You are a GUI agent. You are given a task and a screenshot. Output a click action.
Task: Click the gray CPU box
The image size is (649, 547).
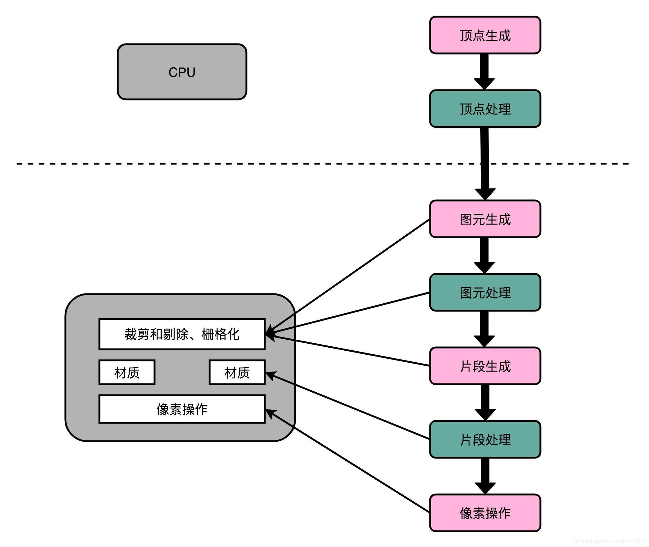point(182,72)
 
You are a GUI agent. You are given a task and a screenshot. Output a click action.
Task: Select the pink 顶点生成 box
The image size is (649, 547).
point(485,35)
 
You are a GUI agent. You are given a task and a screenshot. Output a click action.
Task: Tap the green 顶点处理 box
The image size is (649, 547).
point(485,108)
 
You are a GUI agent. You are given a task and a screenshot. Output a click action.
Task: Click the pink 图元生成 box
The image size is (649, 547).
point(485,219)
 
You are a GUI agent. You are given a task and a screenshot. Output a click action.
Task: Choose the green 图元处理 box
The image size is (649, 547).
point(485,292)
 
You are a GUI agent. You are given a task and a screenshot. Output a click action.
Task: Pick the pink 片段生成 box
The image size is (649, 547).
point(485,366)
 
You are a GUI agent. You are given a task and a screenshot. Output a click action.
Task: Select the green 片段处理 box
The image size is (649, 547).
point(485,439)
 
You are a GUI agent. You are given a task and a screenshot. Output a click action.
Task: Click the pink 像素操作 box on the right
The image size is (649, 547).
point(485,513)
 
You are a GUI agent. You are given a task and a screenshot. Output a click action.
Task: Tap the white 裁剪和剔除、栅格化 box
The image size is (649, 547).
point(182,334)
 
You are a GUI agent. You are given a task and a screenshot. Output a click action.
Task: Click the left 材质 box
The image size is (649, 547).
point(126,372)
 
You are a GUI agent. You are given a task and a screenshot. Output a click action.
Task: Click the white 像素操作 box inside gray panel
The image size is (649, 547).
point(182,409)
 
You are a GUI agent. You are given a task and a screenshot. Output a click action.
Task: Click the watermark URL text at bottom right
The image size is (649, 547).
point(609,541)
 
